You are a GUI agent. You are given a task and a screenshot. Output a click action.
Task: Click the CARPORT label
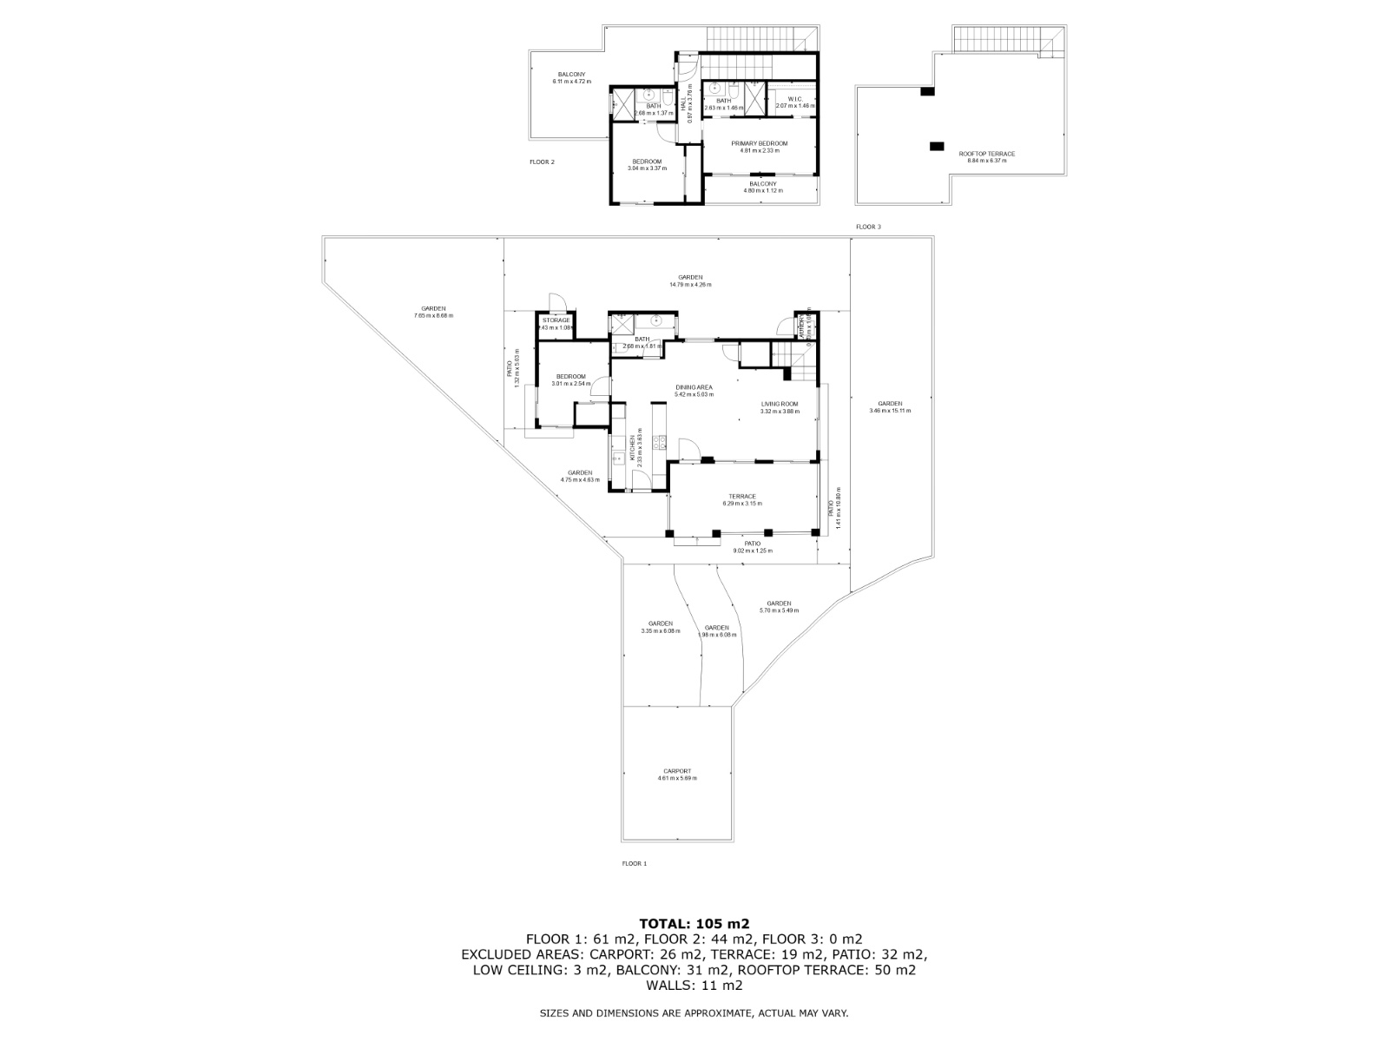[677, 771]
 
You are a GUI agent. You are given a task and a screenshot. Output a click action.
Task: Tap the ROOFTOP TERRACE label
[986, 154]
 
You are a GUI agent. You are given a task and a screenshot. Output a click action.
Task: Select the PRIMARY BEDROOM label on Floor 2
[759, 143]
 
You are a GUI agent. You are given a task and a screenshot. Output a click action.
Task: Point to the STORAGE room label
[556, 320]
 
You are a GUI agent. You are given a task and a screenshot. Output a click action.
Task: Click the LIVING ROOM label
[779, 404]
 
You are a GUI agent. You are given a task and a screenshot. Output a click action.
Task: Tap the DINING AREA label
[694, 387]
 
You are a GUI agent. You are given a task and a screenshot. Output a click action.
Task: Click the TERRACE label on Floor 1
[742, 497]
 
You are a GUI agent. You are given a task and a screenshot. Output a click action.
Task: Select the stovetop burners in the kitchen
[659, 443]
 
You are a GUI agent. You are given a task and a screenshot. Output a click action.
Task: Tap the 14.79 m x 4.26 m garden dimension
[690, 285]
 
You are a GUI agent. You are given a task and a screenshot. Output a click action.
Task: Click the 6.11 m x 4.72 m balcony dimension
[571, 82]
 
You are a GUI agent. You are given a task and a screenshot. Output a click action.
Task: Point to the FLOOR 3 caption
[867, 227]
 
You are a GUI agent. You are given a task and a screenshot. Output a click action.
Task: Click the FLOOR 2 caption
[542, 162]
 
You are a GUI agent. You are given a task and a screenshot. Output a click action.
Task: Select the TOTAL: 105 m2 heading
[694, 923]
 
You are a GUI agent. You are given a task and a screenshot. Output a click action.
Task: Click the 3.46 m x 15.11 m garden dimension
[890, 411]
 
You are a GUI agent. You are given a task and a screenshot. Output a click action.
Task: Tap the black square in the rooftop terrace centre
[935, 146]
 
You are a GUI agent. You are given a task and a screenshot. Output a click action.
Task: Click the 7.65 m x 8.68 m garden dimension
[433, 315]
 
